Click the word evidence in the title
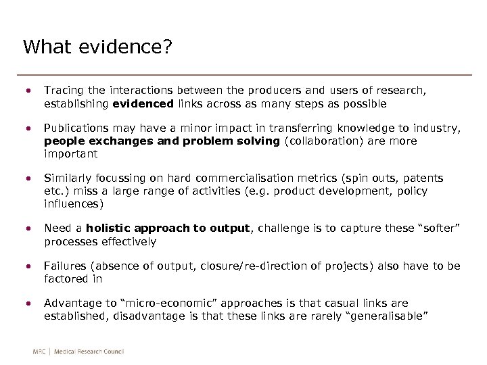click(x=126, y=47)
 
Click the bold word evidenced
click(x=143, y=104)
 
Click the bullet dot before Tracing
click(x=28, y=90)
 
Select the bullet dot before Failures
click(x=28, y=266)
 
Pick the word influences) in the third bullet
click(x=74, y=204)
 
